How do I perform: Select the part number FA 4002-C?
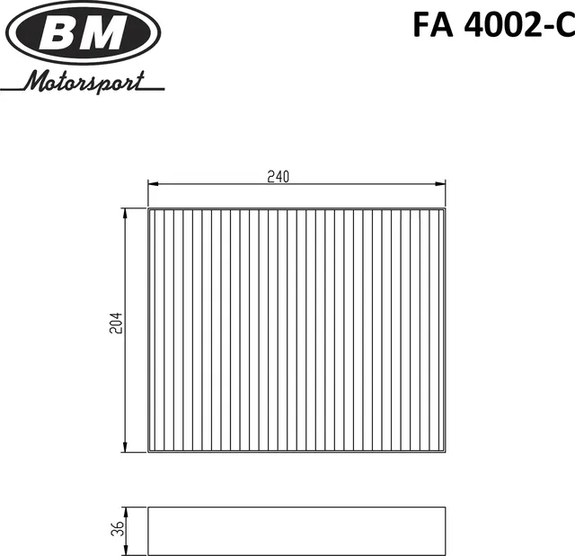[493, 24]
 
